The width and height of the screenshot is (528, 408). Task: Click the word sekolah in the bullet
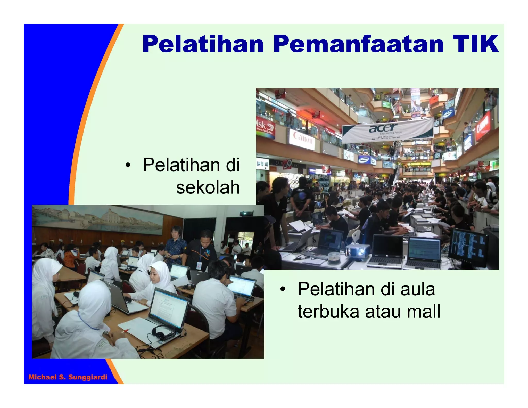208,187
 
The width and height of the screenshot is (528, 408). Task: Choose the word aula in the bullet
417,289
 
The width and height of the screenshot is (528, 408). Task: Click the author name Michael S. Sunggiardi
68,377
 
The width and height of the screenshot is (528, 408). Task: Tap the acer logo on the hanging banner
383,128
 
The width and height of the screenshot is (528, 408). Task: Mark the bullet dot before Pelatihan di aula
283,289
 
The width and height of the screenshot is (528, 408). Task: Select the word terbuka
328,312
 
